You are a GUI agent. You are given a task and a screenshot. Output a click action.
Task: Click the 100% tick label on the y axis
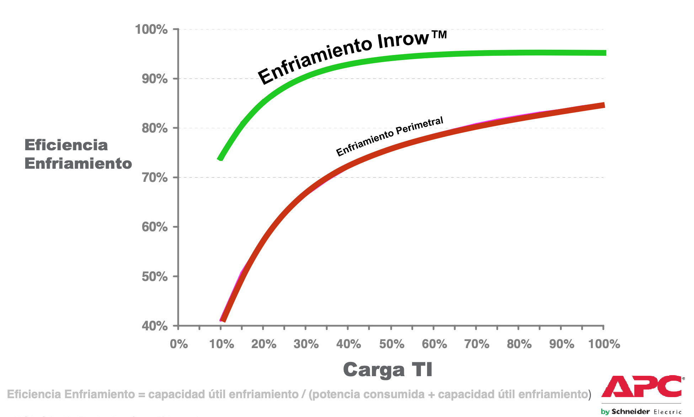pyautogui.click(x=151, y=29)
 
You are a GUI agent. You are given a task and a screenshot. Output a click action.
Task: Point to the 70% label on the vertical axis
pyautogui.click(x=155, y=177)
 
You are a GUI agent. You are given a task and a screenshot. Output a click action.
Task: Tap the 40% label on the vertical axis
pyautogui.click(x=155, y=326)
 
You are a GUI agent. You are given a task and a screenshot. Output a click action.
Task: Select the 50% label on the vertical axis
pyautogui.click(x=155, y=276)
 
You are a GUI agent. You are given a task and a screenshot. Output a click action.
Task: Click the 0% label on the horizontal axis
pyautogui.click(x=179, y=344)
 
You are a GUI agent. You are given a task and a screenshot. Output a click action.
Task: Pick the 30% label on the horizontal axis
pyautogui.click(x=306, y=344)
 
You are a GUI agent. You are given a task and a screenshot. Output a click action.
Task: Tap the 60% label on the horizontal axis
pyautogui.click(x=434, y=344)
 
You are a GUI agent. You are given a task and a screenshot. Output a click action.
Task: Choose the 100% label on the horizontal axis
pyautogui.click(x=604, y=344)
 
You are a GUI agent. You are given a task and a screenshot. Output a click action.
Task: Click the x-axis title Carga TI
pyautogui.click(x=388, y=370)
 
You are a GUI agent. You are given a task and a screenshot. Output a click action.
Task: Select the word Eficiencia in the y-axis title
pyautogui.click(x=66, y=145)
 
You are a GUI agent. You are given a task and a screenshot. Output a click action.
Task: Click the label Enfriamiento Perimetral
pyautogui.click(x=390, y=136)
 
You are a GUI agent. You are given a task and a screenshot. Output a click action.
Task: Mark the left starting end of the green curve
pyautogui.click(x=220, y=159)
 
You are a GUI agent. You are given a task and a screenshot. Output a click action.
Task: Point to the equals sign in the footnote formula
pyautogui.click(x=142, y=395)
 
